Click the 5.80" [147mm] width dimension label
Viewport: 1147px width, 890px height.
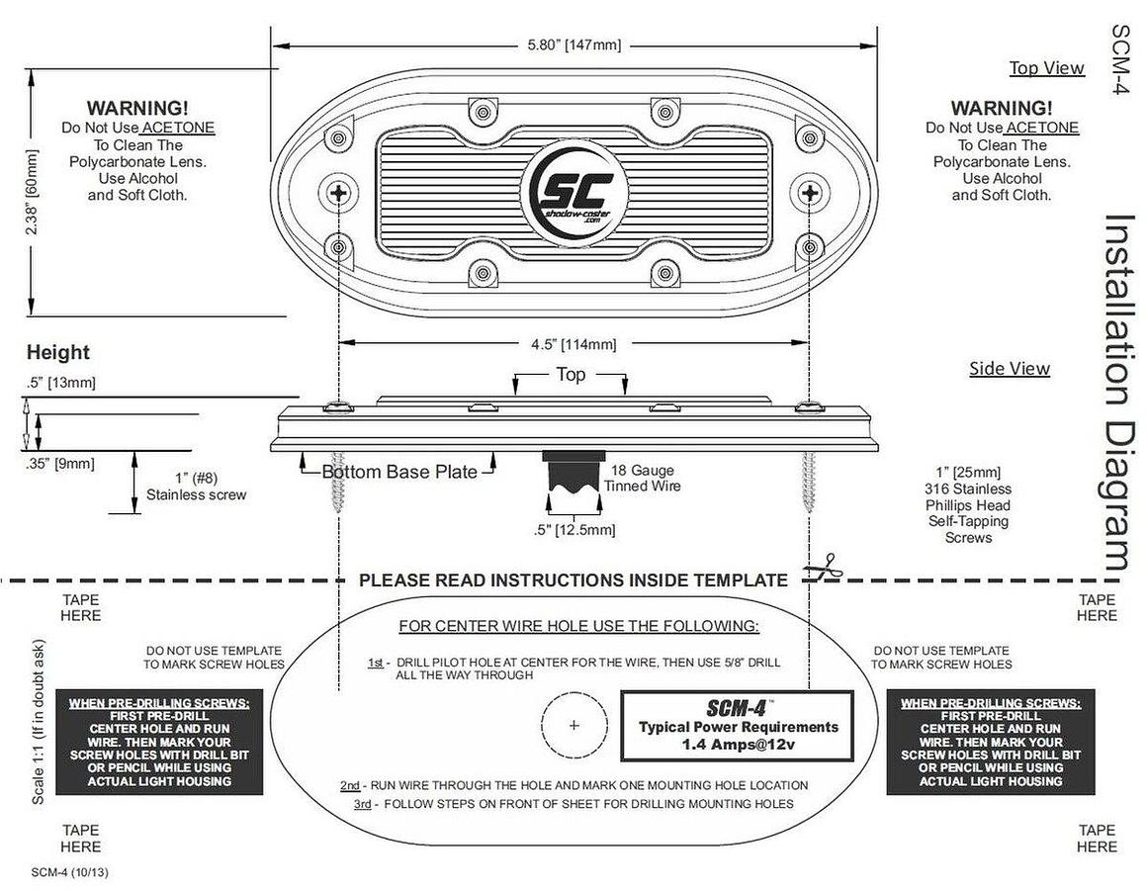(x=574, y=45)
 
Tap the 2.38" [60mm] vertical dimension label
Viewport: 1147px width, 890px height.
(x=32, y=192)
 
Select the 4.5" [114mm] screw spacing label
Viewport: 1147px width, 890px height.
(x=573, y=344)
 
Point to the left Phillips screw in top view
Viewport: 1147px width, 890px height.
(x=338, y=193)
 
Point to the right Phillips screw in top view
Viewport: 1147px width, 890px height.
(x=809, y=193)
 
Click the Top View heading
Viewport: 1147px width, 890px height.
(x=1047, y=68)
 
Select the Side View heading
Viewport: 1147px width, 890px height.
(x=1010, y=369)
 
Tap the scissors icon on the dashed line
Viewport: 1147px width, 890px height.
(x=822, y=569)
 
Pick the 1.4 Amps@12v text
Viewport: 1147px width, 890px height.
(x=738, y=745)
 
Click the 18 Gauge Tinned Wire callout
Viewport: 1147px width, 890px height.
(x=643, y=479)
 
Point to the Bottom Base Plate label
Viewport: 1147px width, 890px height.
(x=399, y=472)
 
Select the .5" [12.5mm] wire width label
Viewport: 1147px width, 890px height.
(x=574, y=529)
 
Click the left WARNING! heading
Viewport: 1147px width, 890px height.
(x=137, y=108)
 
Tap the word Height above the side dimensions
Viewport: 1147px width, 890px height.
(x=57, y=352)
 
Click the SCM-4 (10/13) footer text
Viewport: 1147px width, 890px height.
(x=69, y=872)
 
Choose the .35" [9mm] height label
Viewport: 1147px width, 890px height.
(x=60, y=464)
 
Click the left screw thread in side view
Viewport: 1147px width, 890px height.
(x=337, y=483)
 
